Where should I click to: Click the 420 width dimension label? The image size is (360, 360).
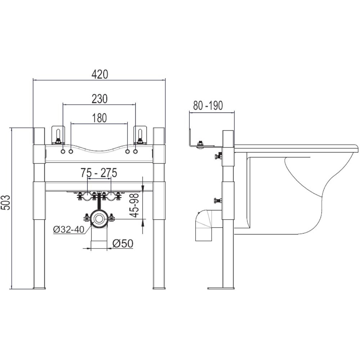tap(100, 75)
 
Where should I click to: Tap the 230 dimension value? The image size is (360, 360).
tap(100, 99)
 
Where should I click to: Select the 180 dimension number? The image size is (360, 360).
tap(99, 118)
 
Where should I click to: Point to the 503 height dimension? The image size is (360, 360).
tap(6, 202)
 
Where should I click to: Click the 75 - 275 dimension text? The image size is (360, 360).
tap(99, 173)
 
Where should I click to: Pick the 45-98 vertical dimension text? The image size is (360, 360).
tap(134, 205)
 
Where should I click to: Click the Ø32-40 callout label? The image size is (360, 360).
tap(69, 229)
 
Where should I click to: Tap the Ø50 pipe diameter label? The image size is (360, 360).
tap(123, 244)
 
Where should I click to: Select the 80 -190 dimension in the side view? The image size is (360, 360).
tap(208, 105)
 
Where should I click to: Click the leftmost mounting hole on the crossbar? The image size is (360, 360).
tap(63, 152)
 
